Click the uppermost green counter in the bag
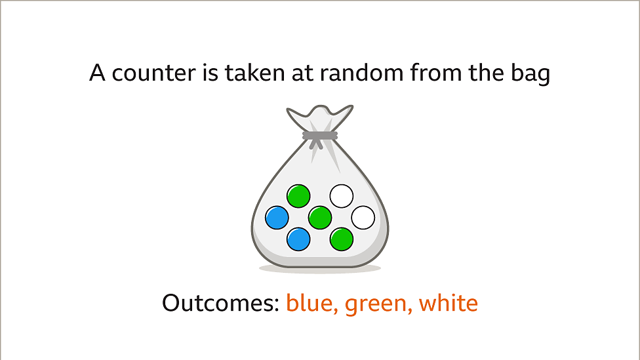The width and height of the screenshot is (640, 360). pyautogui.click(x=298, y=196)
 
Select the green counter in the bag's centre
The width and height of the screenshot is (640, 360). pyautogui.click(x=320, y=218)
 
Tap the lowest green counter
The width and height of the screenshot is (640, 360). pyautogui.click(x=341, y=239)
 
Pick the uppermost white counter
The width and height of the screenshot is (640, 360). pyautogui.click(x=341, y=196)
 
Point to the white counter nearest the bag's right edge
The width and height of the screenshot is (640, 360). pyautogui.click(x=363, y=218)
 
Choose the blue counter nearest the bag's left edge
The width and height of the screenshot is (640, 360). pyautogui.click(x=277, y=218)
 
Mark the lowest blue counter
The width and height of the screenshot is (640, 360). pyautogui.click(x=298, y=239)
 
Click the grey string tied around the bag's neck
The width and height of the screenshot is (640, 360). pyautogui.click(x=319, y=136)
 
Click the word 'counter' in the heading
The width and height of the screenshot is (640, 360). pyautogui.click(x=155, y=73)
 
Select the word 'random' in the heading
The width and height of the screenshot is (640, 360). pyautogui.click(x=361, y=73)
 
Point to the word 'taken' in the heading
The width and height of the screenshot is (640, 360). pyautogui.click(x=254, y=73)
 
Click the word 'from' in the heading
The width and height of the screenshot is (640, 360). pyautogui.click(x=436, y=73)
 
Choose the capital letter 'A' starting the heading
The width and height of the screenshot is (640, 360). pyautogui.click(x=98, y=73)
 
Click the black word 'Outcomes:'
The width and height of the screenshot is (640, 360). pyautogui.click(x=220, y=303)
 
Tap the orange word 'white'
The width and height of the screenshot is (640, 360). pyautogui.click(x=448, y=303)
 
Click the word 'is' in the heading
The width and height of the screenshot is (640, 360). pyautogui.click(x=210, y=73)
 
